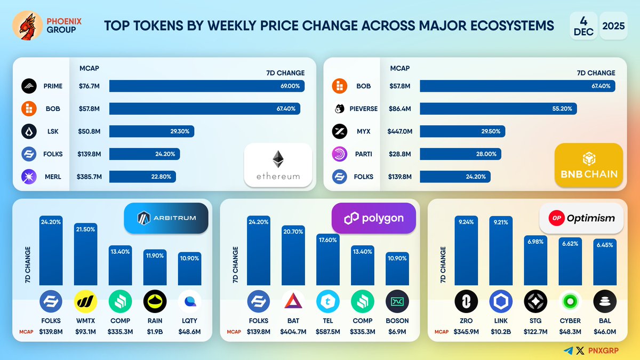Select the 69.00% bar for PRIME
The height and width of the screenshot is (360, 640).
click(x=207, y=86)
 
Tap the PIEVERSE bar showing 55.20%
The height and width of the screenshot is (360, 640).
click(x=498, y=109)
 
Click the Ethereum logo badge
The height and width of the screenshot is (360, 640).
click(x=278, y=165)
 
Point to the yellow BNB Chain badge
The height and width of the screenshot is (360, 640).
click(x=589, y=165)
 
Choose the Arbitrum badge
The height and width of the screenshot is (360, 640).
click(x=166, y=218)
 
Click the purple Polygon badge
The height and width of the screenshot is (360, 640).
click(x=373, y=218)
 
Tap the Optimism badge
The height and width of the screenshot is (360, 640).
click(x=581, y=218)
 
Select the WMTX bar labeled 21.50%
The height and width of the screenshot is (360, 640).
click(x=86, y=254)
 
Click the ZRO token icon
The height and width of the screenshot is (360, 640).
click(x=466, y=301)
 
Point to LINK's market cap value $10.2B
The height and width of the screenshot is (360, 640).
click(x=501, y=332)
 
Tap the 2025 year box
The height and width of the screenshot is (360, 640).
click(x=613, y=25)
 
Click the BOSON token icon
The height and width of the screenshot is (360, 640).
click(x=397, y=301)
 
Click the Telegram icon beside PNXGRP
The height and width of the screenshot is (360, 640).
click(x=569, y=350)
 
